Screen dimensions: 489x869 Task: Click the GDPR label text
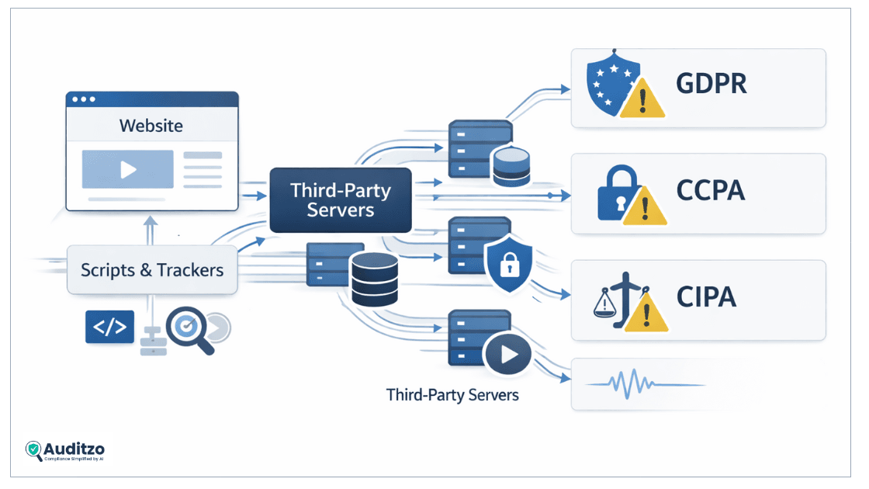711,85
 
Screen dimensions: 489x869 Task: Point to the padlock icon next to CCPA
616,194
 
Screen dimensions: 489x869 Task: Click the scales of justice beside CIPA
613,300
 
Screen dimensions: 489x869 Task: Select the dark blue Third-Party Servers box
340,199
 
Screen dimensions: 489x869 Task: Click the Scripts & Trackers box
152,270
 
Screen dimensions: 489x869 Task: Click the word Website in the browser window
151,126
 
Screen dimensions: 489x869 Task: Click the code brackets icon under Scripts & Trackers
109,327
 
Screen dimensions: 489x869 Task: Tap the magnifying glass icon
190,330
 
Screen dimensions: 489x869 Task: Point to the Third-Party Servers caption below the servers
452,395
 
